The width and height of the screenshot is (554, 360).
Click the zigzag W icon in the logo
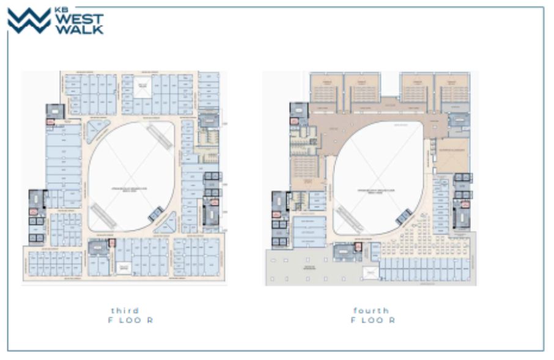pyautogui.click(x=29, y=21)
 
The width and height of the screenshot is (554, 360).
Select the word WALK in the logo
pyautogui.click(x=79, y=29)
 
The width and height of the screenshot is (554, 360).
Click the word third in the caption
pyautogui.click(x=125, y=310)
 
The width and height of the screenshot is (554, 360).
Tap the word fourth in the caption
pyautogui.click(x=370, y=310)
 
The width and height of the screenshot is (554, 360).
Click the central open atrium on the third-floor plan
pyautogui.click(x=131, y=177)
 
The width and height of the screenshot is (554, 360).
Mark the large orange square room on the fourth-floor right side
pyautogui.click(x=452, y=155)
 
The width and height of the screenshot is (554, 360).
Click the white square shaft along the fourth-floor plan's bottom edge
pyautogui.click(x=371, y=273)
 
